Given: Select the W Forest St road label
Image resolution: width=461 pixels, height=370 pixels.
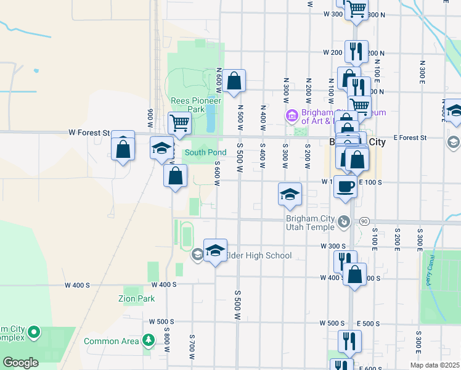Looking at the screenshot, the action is click(89, 133).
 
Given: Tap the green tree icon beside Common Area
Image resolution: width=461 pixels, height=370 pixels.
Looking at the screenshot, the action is click(148, 340).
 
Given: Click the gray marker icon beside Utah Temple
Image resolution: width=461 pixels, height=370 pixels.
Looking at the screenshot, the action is click(345, 221).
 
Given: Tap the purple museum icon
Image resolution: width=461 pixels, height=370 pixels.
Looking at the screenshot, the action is click(292, 115).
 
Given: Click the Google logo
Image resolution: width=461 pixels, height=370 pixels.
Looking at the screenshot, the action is click(20, 363).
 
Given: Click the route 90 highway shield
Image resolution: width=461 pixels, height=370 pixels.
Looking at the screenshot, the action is click(364, 221).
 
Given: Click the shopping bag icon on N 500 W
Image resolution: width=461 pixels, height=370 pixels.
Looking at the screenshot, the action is click(234, 80).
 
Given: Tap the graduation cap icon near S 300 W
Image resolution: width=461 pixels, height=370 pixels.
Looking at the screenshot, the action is click(290, 194).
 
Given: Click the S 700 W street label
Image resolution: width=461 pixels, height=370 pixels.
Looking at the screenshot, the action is click(192, 348).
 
